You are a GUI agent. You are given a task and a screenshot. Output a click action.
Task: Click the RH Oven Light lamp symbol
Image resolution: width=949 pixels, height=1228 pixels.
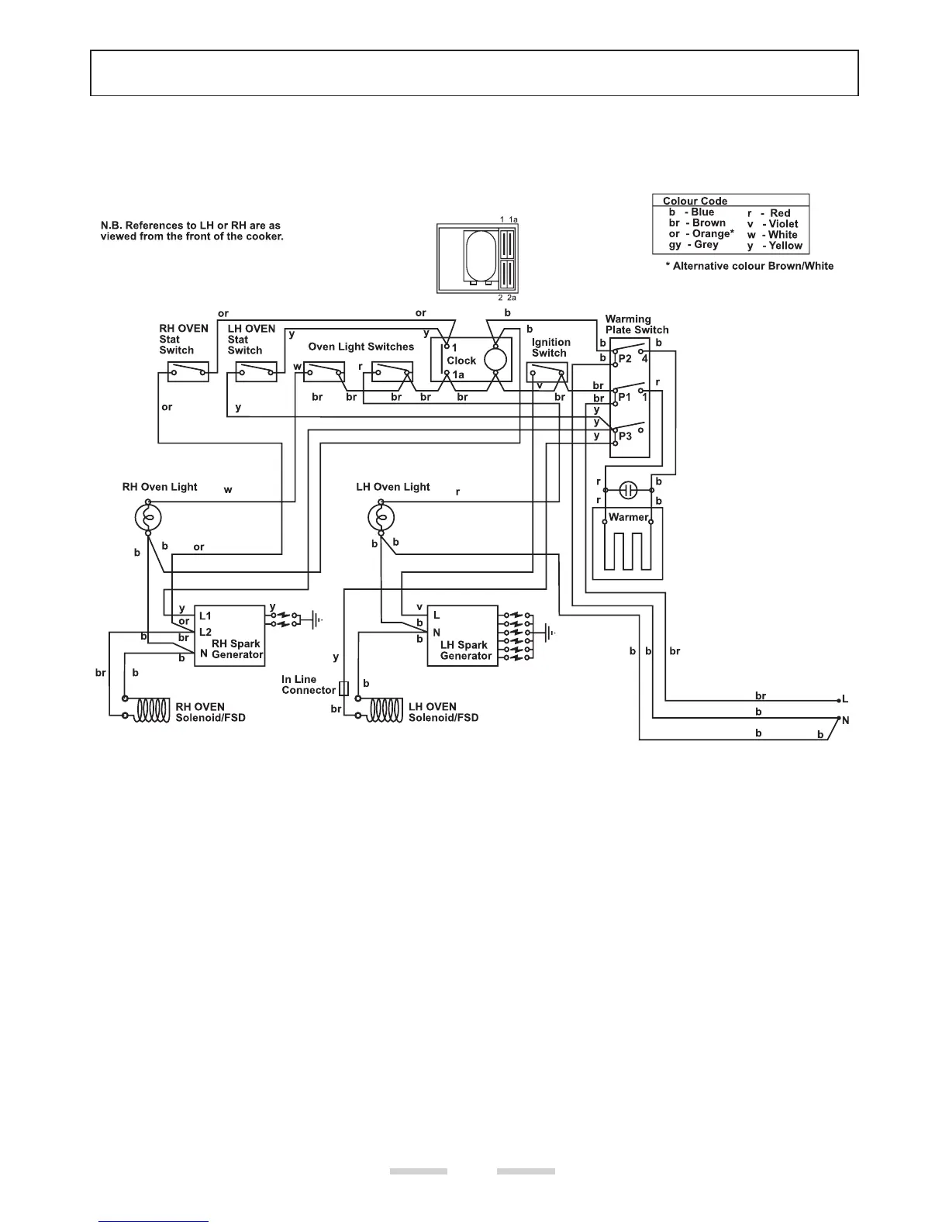coord(147,517)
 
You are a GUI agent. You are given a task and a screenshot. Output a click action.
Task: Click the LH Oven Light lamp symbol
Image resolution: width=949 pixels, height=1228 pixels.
coord(381,517)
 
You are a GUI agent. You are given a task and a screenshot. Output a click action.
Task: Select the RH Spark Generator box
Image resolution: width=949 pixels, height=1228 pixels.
coord(229,634)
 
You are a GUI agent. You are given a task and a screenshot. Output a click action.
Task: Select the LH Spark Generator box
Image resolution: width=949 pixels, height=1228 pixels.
coord(461,636)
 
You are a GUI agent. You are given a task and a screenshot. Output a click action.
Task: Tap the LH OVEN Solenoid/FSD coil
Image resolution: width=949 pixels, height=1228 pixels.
coord(385,710)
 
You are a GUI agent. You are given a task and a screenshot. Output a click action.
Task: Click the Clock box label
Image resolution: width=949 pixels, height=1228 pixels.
coord(461,360)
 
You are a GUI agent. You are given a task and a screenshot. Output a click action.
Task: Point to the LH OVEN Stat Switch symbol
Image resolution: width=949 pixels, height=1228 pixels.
coord(257,372)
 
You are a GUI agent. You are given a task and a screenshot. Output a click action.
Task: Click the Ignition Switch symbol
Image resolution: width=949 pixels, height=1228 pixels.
coord(547,373)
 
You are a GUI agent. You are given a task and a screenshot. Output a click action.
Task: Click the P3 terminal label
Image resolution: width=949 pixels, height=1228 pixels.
coord(625,436)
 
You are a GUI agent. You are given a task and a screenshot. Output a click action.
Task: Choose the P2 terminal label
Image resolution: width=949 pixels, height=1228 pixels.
coord(625,358)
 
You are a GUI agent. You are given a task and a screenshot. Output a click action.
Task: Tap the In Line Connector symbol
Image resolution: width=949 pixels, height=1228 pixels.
coord(343,688)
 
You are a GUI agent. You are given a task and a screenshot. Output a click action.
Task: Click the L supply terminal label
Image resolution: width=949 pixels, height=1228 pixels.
coord(845,700)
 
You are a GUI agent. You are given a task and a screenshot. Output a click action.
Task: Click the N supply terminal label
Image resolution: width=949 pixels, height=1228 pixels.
coord(846,720)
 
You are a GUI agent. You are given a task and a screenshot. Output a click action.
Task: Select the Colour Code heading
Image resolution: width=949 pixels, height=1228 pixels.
coord(695,201)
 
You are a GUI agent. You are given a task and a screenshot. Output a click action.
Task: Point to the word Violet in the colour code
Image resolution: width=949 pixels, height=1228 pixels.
coord(783,224)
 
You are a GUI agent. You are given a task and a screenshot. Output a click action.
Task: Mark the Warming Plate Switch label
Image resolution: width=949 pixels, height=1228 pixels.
coord(637,324)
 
